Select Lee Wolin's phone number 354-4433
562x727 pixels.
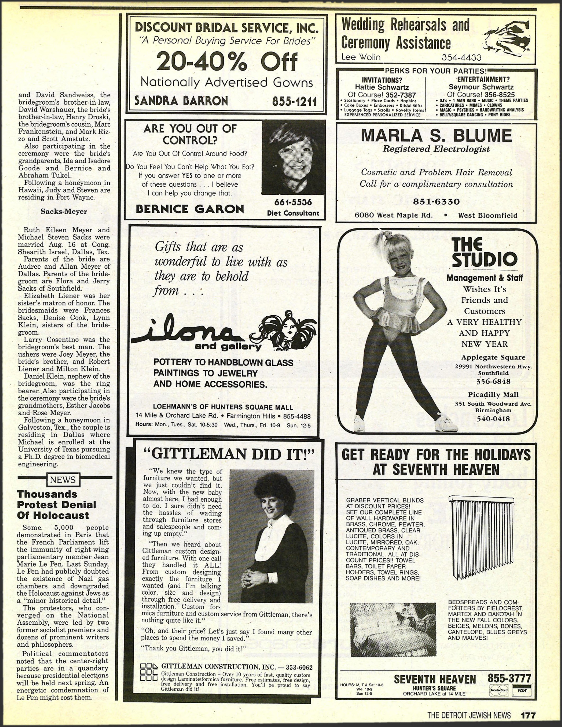click(x=461, y=57)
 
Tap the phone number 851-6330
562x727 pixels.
click(x=436, y=201)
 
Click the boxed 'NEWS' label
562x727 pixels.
click(x=63, y=480)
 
